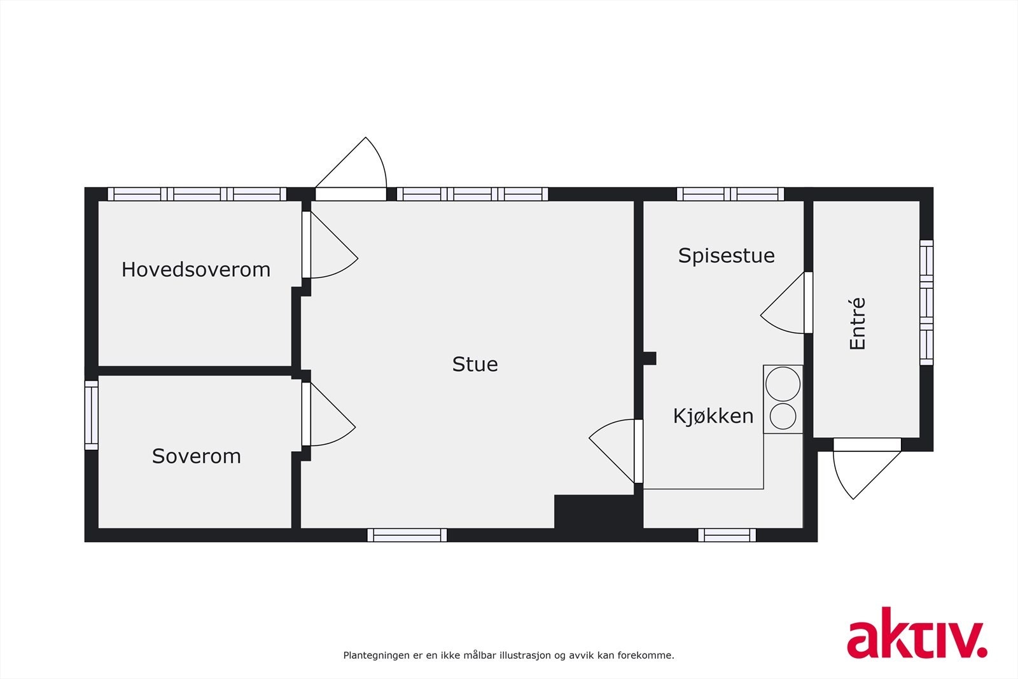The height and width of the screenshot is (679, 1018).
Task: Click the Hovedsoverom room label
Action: click(196, 270)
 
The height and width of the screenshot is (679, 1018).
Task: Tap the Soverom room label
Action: click(196, 456)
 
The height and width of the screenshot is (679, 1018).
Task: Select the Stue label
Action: click(475, 364)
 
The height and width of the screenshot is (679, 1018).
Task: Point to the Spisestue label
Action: click(726, 256)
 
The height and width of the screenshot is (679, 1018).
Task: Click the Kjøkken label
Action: click(713, 416)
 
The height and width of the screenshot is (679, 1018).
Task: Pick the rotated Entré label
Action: click(858, 324)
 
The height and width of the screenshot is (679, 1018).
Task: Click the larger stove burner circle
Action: click(783, 384)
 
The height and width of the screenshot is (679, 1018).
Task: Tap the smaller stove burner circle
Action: click(783, 416)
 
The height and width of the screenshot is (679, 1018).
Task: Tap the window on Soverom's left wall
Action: click(92, 415)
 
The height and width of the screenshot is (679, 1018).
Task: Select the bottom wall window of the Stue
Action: click(407, 535)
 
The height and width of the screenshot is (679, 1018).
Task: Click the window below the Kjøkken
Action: click(727, 535)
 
